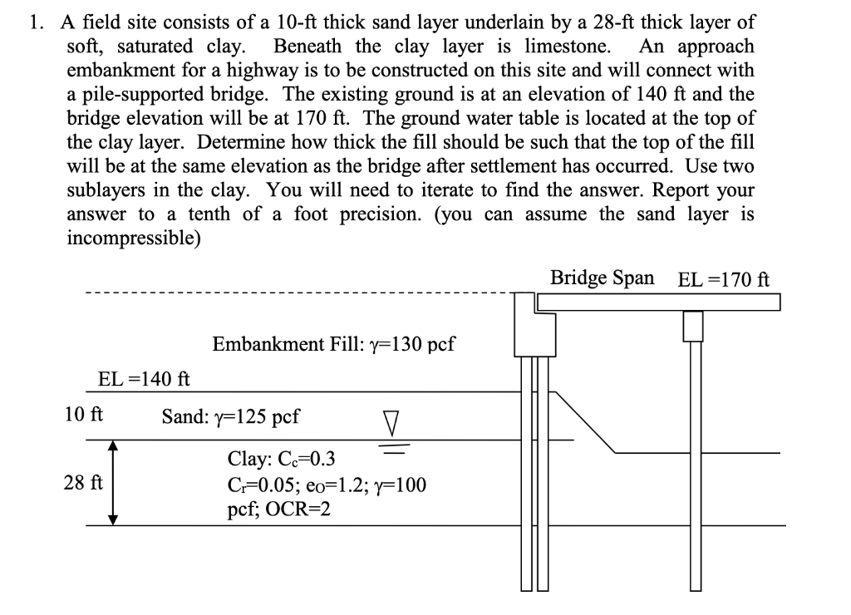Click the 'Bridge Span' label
(602, 278)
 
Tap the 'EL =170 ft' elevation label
(724, 278)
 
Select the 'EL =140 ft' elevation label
(144, 380)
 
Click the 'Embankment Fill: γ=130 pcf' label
(333, 344)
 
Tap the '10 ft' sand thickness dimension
(83, 414)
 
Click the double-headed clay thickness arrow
(115, 483)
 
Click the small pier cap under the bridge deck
(693, 325)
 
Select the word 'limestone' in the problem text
(564, 45)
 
